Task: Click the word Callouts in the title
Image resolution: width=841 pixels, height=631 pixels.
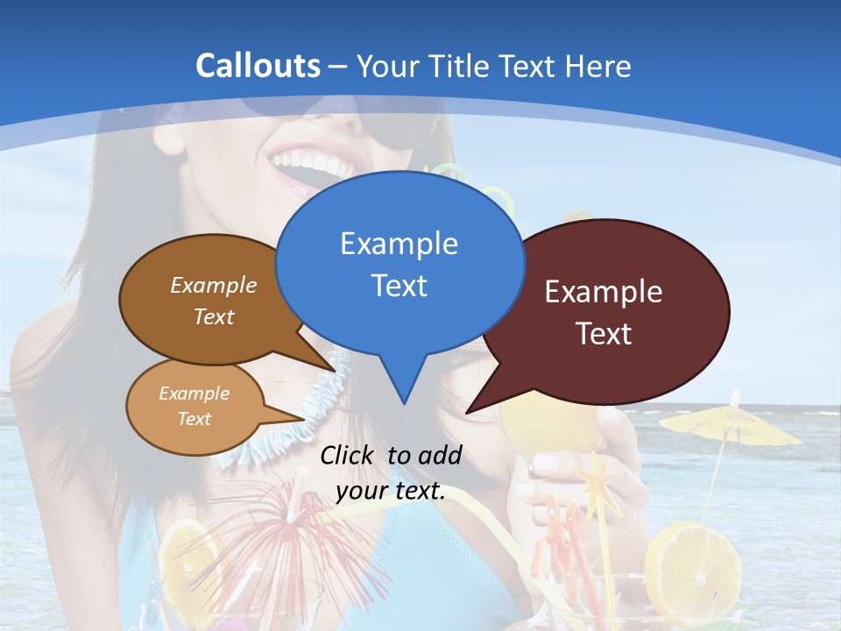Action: coord(258,66)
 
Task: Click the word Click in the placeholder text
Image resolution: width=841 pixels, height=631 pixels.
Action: coord(350,455)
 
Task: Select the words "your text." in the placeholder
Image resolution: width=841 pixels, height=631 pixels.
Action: coord(391,491)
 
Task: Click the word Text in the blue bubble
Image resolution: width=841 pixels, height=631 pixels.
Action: coord(399,286)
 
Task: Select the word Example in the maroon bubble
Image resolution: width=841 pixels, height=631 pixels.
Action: coord(604,292)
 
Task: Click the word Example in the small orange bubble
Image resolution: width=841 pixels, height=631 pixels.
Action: coord(194,393)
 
